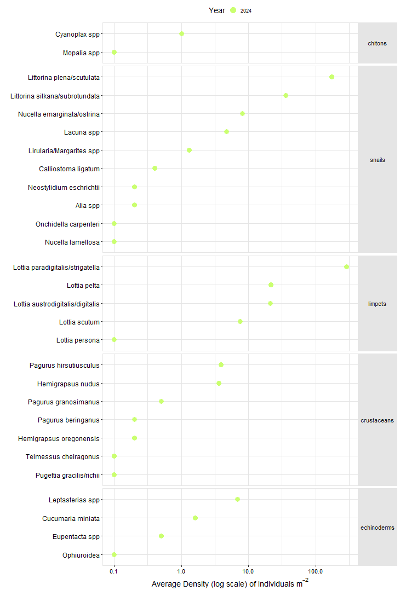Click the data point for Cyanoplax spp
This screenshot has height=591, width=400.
click(181, 34)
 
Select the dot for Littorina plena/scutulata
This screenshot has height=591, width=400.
click(332, 77)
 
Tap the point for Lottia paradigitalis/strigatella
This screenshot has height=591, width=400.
click(346, 266)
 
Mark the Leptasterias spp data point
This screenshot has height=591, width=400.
click(237, 499)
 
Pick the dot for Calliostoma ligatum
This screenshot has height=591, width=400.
click(155, 168)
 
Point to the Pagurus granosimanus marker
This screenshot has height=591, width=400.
click(161, 401)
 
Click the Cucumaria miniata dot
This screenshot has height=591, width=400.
click(195, 518)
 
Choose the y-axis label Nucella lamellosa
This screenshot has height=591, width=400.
click(72, 242)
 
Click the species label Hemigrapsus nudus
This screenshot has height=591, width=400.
click(68, 384)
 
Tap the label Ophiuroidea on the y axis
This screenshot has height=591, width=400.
click(81, 555)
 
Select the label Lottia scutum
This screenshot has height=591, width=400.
click(79, 322)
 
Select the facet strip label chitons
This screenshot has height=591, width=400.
click(377, 43)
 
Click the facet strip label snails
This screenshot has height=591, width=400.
click(377, 160)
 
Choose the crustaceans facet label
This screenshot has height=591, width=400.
click(377, 420)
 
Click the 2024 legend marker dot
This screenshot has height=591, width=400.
click(233, 10)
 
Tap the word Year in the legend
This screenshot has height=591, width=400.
click(216, 10)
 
